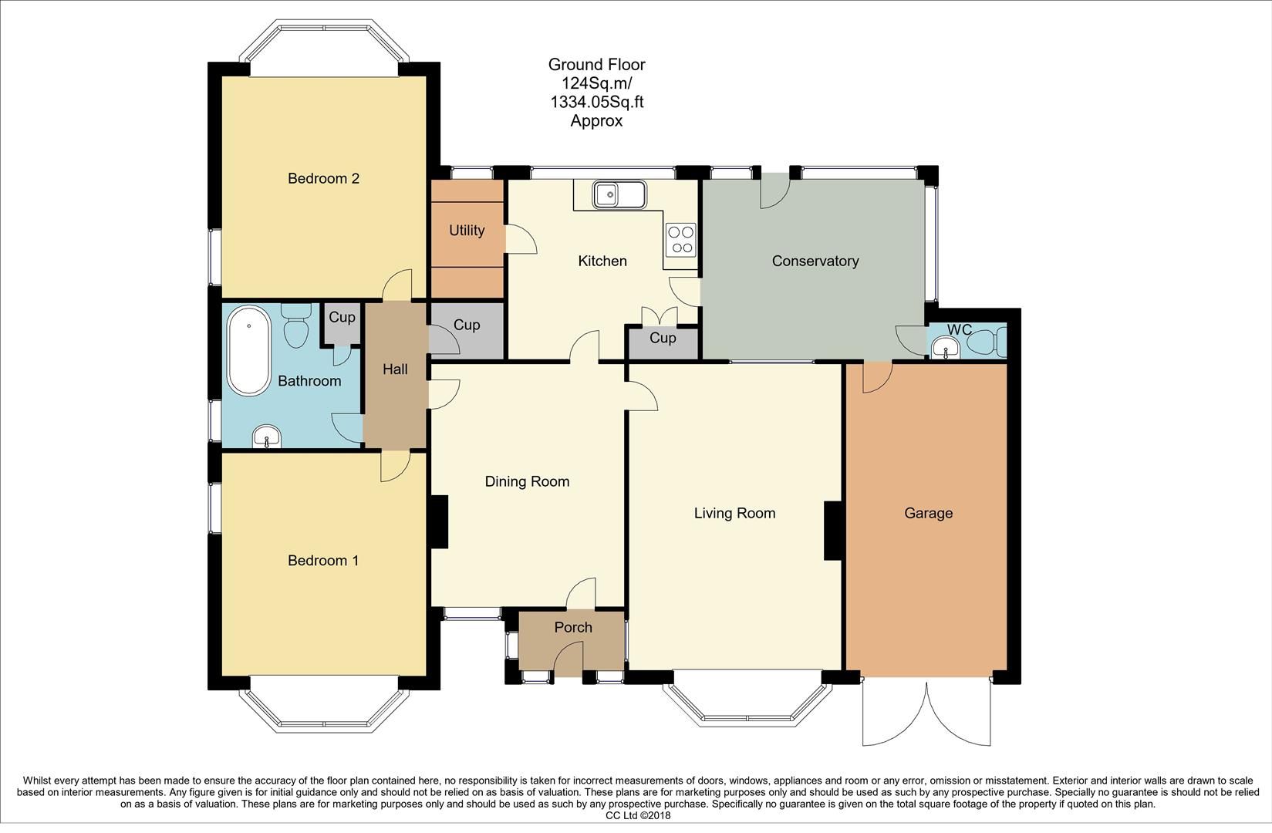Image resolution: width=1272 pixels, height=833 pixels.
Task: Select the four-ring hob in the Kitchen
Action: (681, 238)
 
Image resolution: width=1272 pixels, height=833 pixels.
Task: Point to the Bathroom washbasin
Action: (267, 437)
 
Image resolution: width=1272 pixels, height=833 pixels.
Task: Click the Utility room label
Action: (467, 231)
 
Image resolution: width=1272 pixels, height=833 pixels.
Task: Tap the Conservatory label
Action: (815, 261)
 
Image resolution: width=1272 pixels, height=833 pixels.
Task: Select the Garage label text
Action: (928, 513)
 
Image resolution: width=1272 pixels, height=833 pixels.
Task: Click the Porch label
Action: (573, 628)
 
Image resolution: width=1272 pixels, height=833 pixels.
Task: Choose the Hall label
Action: (395, 369)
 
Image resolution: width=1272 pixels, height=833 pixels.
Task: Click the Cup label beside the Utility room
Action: (467, 325)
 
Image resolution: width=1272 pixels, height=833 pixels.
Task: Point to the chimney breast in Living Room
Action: (833, 530)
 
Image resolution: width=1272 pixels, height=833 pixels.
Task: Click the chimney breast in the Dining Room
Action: (438, 522)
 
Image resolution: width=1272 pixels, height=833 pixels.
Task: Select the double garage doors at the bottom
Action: (926, 713)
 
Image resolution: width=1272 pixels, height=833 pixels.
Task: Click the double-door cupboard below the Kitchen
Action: (663, 339)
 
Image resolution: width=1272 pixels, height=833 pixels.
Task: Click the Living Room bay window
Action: (747, 702)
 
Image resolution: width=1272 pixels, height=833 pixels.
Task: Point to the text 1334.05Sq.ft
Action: (596, 102)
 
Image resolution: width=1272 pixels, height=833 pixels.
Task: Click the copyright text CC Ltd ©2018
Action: (638, 815)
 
